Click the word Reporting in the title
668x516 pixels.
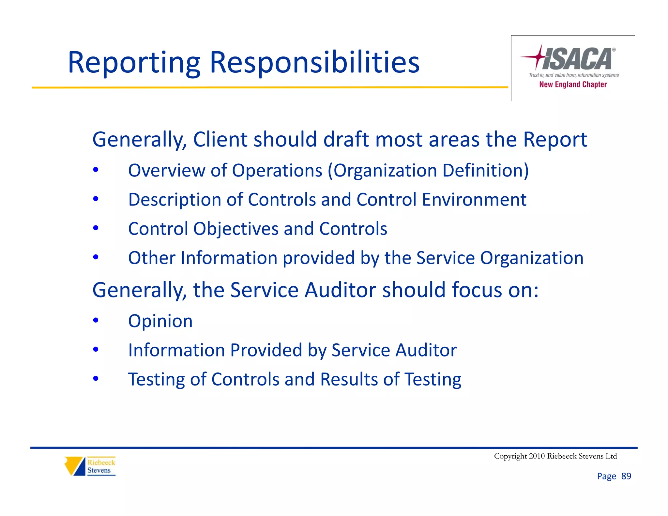(x=134, y=63)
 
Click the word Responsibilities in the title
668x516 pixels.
(x=314, y=63)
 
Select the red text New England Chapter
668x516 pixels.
(x=573, y=84)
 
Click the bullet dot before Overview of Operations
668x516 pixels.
(x=96, y=170)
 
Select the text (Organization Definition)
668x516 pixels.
(x=428, y=171)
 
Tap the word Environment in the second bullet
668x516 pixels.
(x=474, y=200)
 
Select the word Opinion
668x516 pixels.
(x=160, y=321)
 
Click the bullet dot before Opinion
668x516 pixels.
(x=96, y=320)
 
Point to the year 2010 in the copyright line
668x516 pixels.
(x=537, y=456)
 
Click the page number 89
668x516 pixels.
(x=626, y=476)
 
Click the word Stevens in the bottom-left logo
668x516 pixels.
(x=99, y=470)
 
